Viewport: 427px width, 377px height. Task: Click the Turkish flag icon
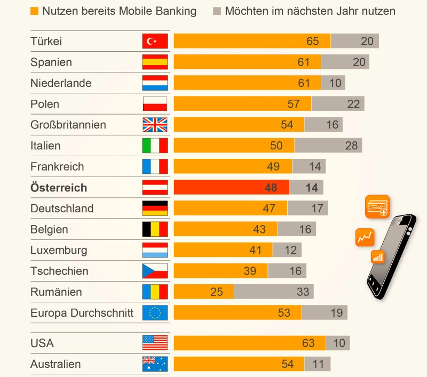[155, 41]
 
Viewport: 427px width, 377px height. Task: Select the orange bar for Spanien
[247, 62]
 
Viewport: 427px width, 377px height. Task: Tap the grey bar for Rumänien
[274, 292]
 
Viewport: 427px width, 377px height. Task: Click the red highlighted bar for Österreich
[231, 187]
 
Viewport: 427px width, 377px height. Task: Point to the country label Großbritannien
[68, 125]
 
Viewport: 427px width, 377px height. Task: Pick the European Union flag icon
[155, 312]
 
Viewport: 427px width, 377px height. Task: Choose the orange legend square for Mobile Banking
[35, 11]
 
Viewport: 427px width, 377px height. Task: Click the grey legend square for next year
[217, 11]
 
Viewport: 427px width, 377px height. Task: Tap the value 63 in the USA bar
[309, 343]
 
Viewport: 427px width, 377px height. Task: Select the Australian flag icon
[155, 364]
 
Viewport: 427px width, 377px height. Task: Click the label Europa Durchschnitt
[82, 312]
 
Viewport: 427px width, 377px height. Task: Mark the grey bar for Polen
[338, 103]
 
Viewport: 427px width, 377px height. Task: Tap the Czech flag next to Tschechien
[155, 271]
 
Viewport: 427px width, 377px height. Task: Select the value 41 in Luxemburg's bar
[256, 250]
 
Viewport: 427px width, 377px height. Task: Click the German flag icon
[155, 208]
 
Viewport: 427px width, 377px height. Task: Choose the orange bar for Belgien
[225, 229]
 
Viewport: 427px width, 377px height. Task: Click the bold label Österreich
[59, 188]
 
